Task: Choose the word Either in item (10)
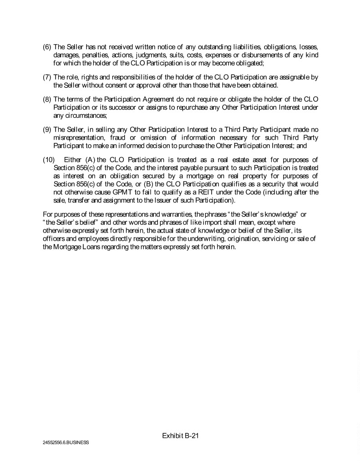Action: (x=72, y=158)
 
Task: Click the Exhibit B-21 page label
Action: (x=181, y=436)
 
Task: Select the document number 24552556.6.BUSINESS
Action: (x=63, y=442)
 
